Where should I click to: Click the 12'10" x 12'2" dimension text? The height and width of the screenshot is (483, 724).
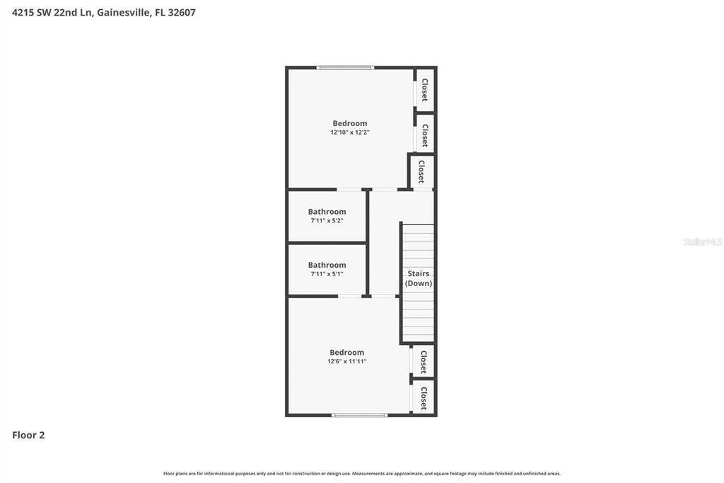point(350,132)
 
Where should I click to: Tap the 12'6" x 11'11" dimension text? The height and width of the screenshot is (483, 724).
point(346,362)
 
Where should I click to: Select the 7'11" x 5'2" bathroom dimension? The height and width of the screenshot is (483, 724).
point(327,221)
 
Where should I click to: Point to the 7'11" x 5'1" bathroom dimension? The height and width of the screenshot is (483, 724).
point(327,274)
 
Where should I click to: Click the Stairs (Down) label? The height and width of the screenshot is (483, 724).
point(418,278)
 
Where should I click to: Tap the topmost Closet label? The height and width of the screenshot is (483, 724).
point(425,90)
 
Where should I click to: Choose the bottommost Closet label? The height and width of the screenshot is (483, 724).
point(424,398)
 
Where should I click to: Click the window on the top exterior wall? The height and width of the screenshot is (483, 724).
point(345,68)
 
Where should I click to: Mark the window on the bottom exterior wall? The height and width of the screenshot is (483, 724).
point(360,415)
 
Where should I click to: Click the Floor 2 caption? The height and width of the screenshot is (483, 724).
point(28,436)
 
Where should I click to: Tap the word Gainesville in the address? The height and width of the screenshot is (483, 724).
point(122,12)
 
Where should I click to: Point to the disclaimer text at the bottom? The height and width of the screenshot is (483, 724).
point(361,474)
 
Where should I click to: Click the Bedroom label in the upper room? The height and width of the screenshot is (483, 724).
point(350,123)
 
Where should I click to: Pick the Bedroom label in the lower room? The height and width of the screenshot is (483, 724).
point(346,353)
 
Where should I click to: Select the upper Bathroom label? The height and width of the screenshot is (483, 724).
point(327,212)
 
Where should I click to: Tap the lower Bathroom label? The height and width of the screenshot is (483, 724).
point(327,265)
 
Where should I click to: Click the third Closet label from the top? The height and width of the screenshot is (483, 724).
point(421,171)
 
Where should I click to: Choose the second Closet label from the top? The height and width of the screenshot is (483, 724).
point(425,135)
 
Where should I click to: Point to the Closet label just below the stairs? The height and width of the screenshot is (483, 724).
point(424,362)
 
